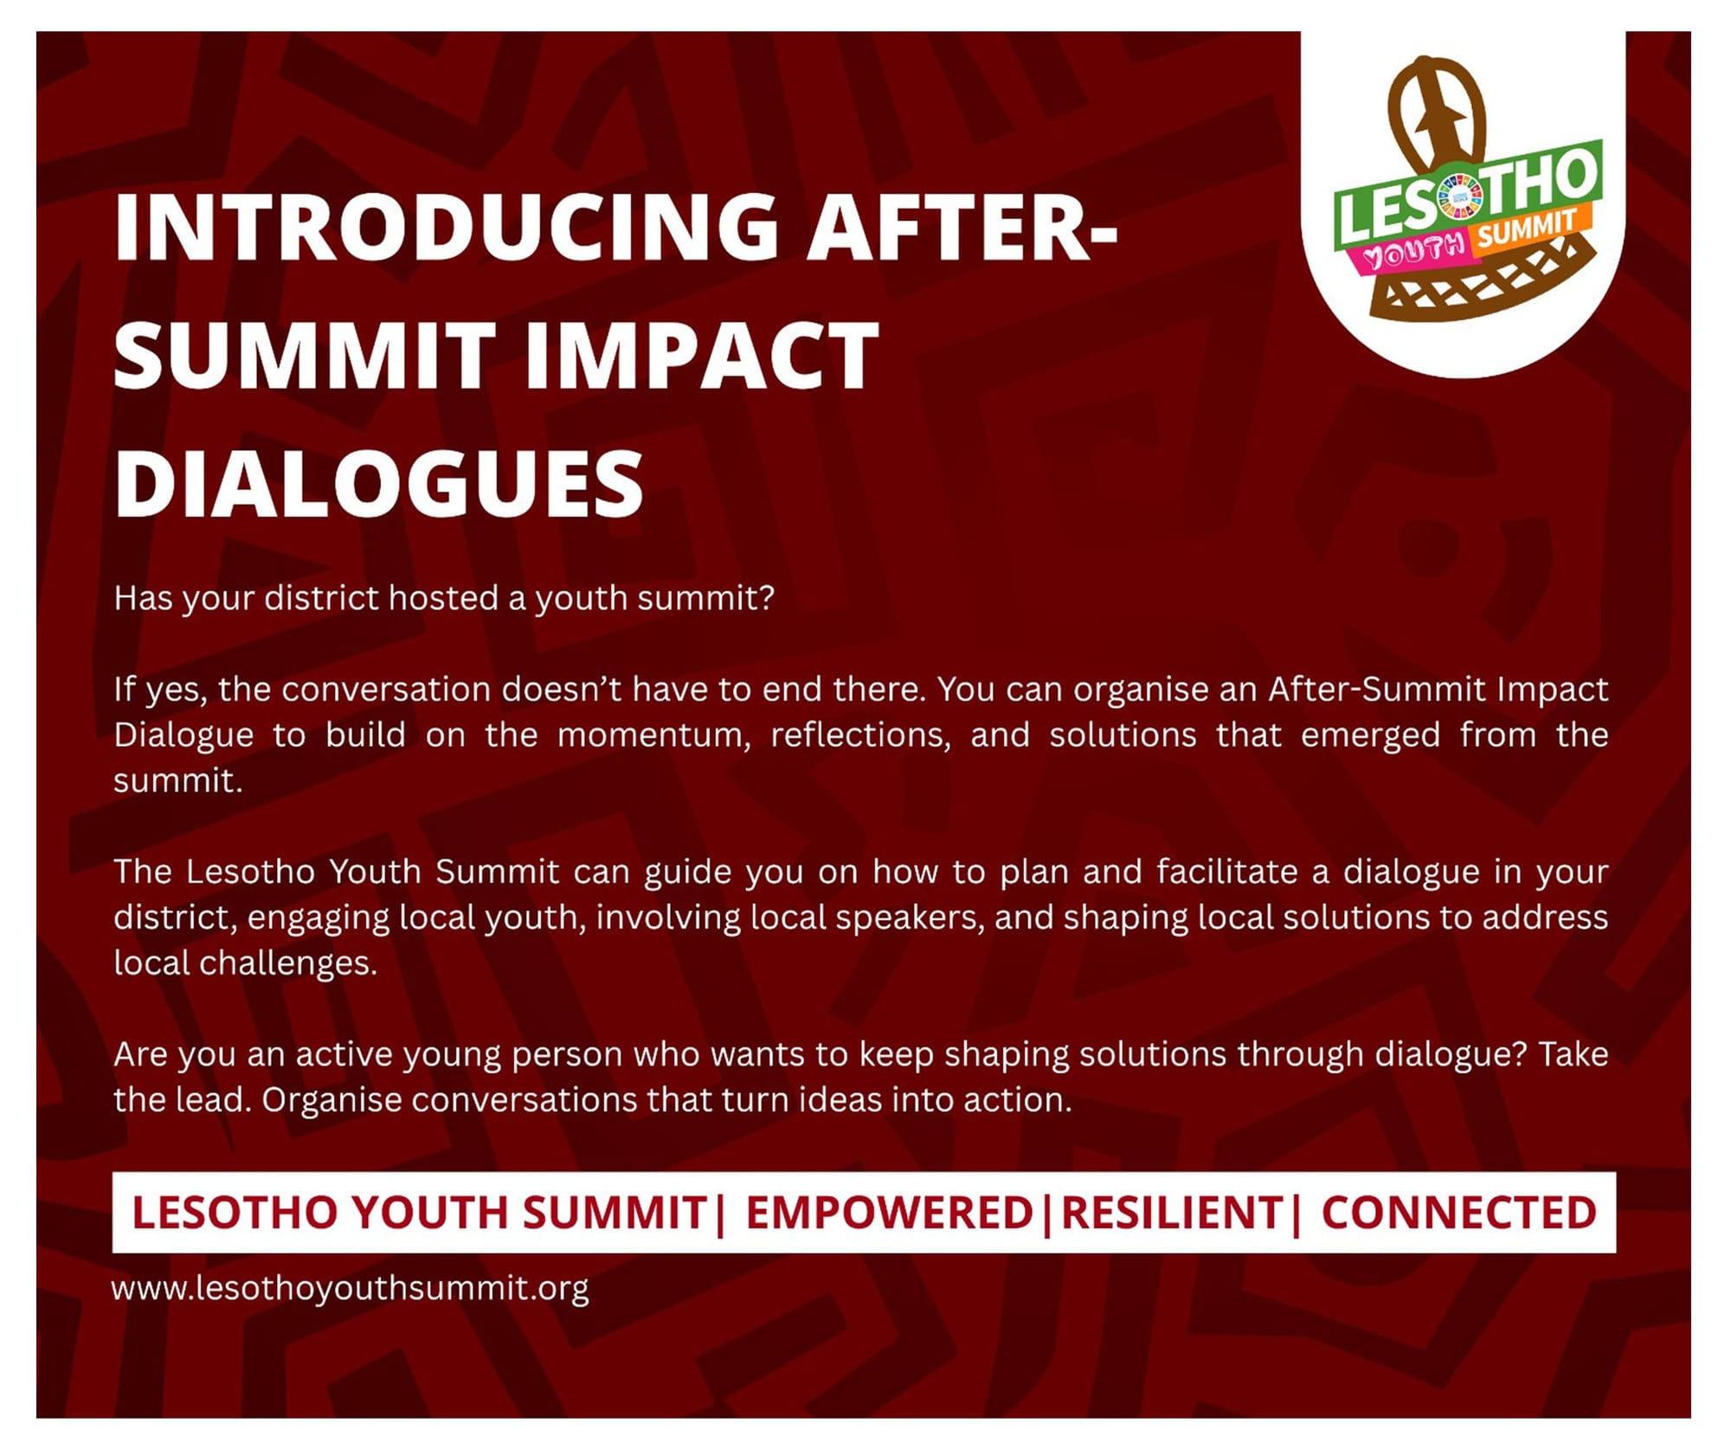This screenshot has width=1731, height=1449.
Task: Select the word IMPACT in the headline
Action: pos(701,355)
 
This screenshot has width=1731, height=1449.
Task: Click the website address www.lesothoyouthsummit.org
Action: pos(351,1288)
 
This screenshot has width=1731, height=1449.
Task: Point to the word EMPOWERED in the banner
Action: pos(889,1212)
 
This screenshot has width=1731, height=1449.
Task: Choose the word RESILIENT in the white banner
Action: pos(1172,1212)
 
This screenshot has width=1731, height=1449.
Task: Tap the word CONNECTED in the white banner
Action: pos(1458,1212)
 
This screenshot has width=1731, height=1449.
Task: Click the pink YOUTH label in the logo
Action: pos(1412,253)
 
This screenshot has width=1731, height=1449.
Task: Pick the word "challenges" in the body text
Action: pos(288,963)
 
